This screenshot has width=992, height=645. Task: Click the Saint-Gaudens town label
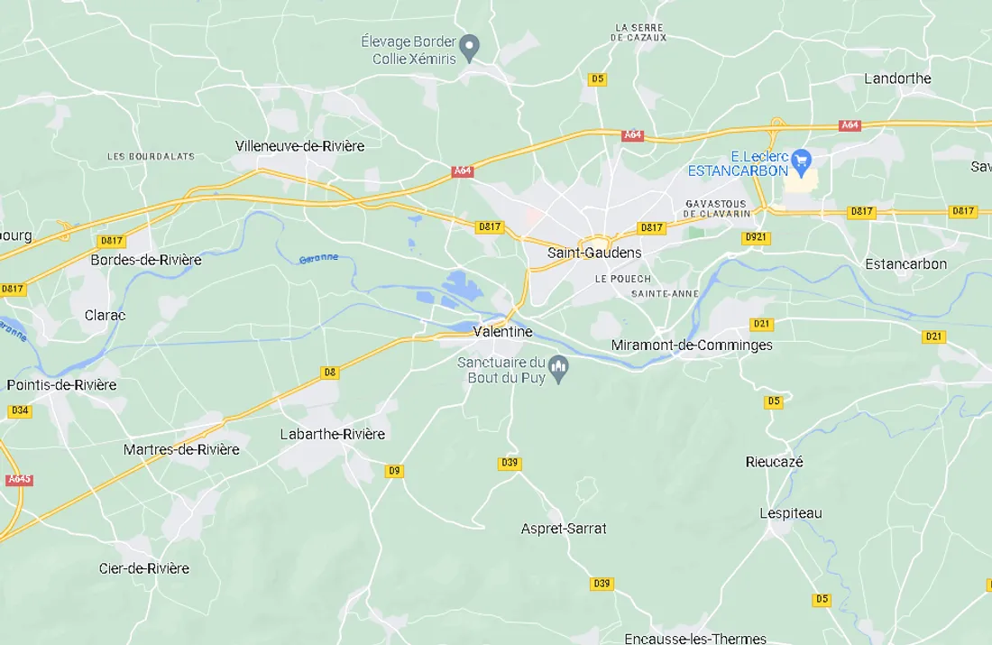594,253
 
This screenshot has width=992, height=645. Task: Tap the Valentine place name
503,332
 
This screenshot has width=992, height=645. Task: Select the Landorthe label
897,78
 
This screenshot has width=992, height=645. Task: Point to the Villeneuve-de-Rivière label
299,145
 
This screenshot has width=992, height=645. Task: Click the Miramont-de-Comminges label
692,345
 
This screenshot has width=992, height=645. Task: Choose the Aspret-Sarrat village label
564,529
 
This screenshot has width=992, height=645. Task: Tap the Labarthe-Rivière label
332,434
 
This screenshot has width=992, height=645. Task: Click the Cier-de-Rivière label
144,568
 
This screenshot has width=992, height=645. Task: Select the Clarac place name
105,315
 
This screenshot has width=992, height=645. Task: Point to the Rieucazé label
774,462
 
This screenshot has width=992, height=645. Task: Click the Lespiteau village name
790,513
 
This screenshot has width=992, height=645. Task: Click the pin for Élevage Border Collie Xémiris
469,45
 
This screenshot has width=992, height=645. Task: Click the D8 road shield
330,372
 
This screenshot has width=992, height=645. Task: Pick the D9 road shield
394,471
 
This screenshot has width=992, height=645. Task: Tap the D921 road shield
755,237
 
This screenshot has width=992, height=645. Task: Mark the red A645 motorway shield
19,479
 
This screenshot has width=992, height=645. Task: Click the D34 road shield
20,410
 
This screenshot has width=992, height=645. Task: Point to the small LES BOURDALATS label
151,156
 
